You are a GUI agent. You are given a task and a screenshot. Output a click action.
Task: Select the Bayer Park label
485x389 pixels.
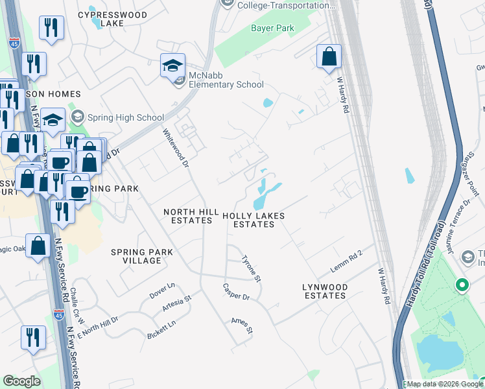(272, 28)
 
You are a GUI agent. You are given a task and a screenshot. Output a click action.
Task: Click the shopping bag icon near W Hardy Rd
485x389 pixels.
(329, 56)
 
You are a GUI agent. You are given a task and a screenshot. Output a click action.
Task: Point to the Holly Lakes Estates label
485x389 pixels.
(254, 220)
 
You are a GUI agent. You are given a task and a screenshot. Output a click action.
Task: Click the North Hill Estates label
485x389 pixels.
(188, 216)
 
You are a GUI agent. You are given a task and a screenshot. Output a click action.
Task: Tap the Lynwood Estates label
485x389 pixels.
(325, 291)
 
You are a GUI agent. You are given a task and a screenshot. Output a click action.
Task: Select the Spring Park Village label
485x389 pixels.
(141, 256)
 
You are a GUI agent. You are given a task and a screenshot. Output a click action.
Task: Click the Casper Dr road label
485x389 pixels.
(236, 292)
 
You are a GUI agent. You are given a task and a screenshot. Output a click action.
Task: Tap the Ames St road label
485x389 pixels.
(241, 325)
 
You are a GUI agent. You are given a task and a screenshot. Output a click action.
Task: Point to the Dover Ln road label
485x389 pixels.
(162, 290)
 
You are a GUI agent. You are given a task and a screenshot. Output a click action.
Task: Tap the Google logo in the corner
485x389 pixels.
(21, 381)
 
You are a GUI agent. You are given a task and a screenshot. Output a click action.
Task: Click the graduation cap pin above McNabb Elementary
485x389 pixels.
(172, 66)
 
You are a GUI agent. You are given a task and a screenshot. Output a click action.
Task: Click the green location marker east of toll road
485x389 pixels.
(462, 285)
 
